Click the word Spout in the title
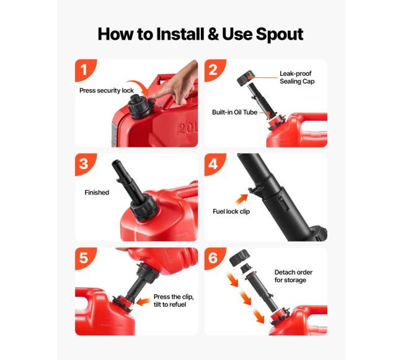[280, 35]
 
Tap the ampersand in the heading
[213, 33]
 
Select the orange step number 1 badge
[86, 70]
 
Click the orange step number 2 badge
[215, 70]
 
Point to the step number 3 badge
[86, 164]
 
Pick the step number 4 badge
[215, 164]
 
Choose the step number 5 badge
[86, 258]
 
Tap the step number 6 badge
[215, 258]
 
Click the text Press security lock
[107, 90]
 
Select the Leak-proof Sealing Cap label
[297, 77]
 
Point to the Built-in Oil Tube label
[234, 112]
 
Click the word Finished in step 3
[97, 192]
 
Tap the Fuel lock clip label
[231, 211]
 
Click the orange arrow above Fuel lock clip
[242, 200]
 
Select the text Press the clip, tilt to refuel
[174, 301]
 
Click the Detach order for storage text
[293, 276]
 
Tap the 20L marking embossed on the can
[187, 128]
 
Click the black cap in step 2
[245, 78]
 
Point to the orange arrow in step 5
[143, 302]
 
